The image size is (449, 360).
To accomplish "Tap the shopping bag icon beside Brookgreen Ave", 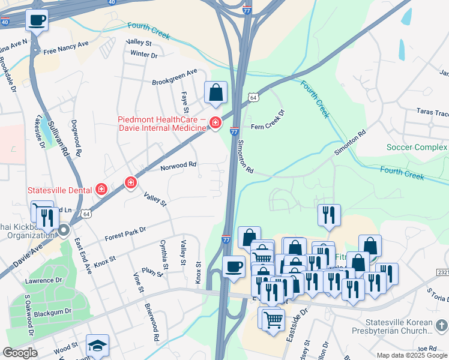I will click(216, 93).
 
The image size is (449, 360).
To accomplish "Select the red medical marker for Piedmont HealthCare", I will click(215, 124).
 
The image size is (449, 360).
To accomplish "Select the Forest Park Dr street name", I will click(125, 232).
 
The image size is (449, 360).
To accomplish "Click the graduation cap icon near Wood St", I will click(97, 346).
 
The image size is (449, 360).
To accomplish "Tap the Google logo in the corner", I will click(20, 353).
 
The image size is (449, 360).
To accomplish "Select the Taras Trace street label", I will click(433, 113).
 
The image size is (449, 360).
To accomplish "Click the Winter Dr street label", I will click(143, 55).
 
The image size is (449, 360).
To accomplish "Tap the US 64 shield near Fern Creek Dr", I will click(254, 97).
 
